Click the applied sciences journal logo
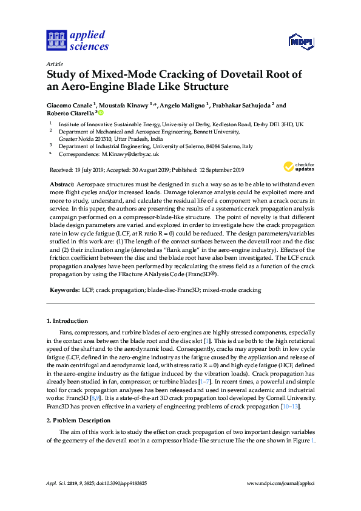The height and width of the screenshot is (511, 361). (76, 40)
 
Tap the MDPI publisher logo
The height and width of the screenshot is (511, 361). (300, 41)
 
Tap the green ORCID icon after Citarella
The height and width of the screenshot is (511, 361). (101, 113)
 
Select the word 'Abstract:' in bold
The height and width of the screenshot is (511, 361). (61, 183)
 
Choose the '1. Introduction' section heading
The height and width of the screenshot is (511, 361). (67, 320)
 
